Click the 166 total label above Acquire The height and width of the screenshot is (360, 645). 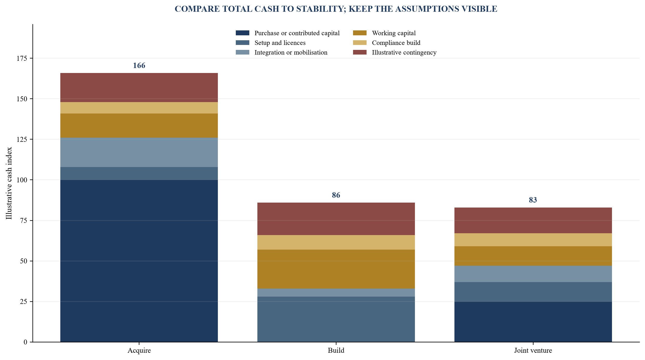(139, 65)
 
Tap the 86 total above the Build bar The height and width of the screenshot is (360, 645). (336, 195)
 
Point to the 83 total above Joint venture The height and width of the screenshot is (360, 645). (533, 200)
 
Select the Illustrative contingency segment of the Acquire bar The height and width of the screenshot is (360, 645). (139, 88)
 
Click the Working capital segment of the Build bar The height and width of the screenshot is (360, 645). (336, 269)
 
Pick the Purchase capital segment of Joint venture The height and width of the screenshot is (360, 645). (533, 322)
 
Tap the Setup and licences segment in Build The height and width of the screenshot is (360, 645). (336, 319)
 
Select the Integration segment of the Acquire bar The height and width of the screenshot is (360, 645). (139, 152)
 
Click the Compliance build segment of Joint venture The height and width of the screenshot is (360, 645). (533, 240)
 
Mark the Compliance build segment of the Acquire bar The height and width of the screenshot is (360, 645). (139, 108)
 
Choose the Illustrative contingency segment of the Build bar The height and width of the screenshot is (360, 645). (336, 219)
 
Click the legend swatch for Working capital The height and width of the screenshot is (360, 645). (360, 33)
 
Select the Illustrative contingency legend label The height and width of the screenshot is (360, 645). (404, 52)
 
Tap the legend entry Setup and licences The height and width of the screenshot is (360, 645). (280, 43)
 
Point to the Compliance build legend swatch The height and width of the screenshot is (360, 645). (360, 43)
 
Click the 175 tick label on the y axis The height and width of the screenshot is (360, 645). (22, 58)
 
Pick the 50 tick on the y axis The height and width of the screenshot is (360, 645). (24, 261)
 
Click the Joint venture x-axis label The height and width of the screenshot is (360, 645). (533, 350)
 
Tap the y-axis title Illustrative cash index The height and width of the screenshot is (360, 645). (9, 183)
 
